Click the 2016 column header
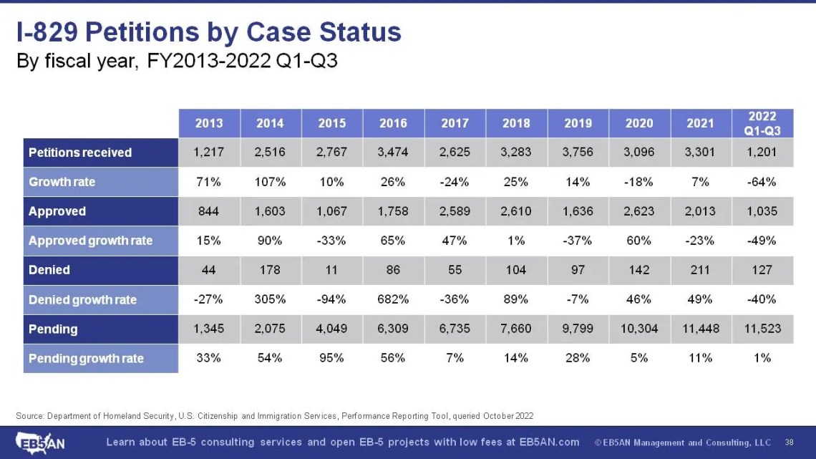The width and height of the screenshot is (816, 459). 394,123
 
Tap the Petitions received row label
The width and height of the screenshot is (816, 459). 80,153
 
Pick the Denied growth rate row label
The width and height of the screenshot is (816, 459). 82,300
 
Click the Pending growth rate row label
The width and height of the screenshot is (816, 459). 86,358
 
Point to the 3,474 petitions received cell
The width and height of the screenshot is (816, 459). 394,153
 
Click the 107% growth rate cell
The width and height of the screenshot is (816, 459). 271,182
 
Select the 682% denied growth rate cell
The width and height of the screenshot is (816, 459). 394,300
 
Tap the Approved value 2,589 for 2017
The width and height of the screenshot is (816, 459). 455,211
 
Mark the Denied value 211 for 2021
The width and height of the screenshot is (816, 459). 700,270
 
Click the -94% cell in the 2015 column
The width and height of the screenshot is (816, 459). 332,300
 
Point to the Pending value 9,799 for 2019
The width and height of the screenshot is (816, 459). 578,329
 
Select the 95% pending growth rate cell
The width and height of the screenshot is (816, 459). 332,358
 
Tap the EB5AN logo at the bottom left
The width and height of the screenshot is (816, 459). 41,442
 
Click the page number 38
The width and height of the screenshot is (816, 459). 789,442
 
